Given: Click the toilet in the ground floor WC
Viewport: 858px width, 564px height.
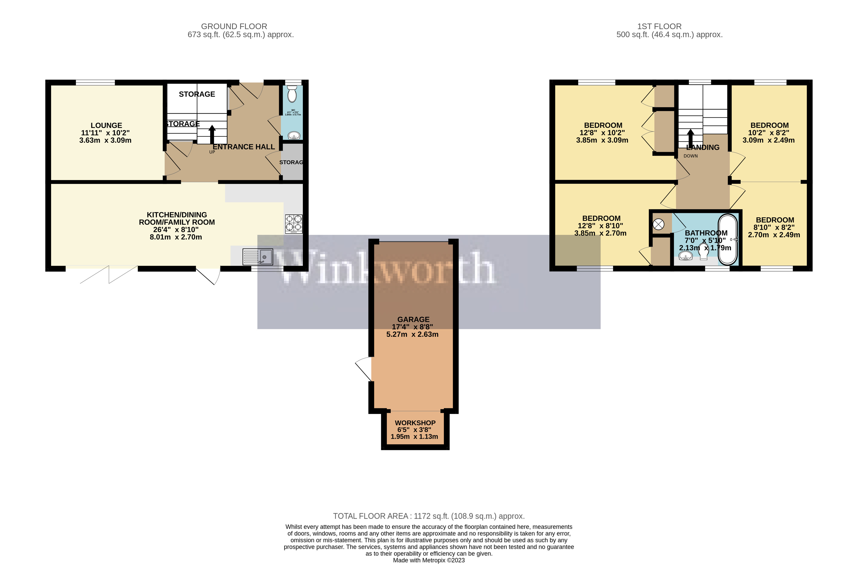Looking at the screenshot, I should [292, 94].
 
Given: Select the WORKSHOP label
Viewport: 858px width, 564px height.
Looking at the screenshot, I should [415, 423].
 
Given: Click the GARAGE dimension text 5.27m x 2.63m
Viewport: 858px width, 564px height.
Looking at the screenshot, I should [412, 334].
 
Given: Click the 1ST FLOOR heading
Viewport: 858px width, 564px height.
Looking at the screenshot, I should [659, 26].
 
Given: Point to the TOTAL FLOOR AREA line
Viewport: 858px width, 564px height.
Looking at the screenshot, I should [429, 516].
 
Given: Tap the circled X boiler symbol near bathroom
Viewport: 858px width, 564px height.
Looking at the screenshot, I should [658, 224].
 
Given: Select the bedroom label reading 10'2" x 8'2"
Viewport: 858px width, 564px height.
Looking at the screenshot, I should [769, 133].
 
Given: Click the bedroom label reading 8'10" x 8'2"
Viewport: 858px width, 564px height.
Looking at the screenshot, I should [774, 227].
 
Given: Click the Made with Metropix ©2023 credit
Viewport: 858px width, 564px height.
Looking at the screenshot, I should [429, 560].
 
